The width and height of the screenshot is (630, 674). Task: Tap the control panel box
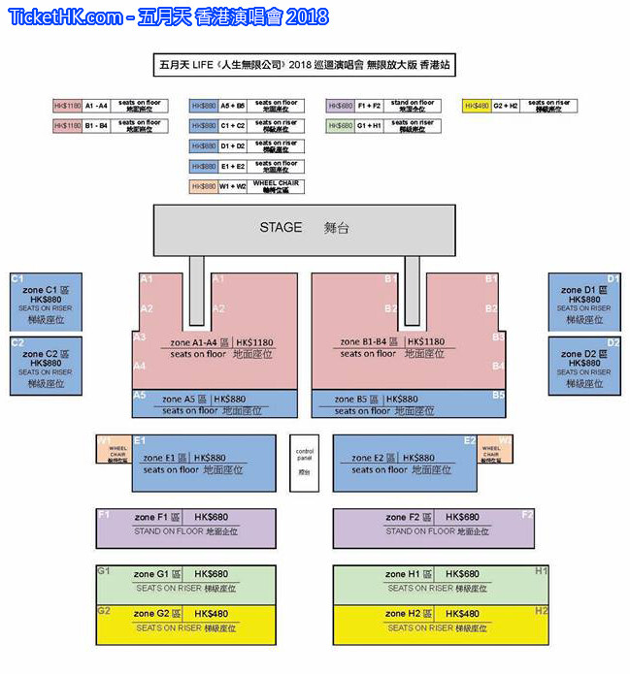click(304, 461)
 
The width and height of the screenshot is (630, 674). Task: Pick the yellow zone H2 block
click(441, 623)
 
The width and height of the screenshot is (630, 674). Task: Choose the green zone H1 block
click(441, 582)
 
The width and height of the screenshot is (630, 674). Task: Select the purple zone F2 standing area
click(433, 528)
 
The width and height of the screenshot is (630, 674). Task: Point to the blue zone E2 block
click(404, 463)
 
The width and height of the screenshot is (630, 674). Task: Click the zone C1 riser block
click(46, 303)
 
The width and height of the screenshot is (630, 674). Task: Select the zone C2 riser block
click(46, 365)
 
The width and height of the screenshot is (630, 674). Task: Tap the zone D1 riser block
click(584, 303)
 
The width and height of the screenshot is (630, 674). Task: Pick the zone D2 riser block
click(584, 365)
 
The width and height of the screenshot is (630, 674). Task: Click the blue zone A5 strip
click(215, 404)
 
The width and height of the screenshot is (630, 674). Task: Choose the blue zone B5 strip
click(409, 404)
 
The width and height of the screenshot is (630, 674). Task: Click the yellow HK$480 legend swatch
click(477, 106)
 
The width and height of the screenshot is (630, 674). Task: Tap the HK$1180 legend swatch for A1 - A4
click(67, 106)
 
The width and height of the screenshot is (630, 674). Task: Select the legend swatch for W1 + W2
click(204, 186)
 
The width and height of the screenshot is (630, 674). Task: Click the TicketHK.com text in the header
click(65, 17)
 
